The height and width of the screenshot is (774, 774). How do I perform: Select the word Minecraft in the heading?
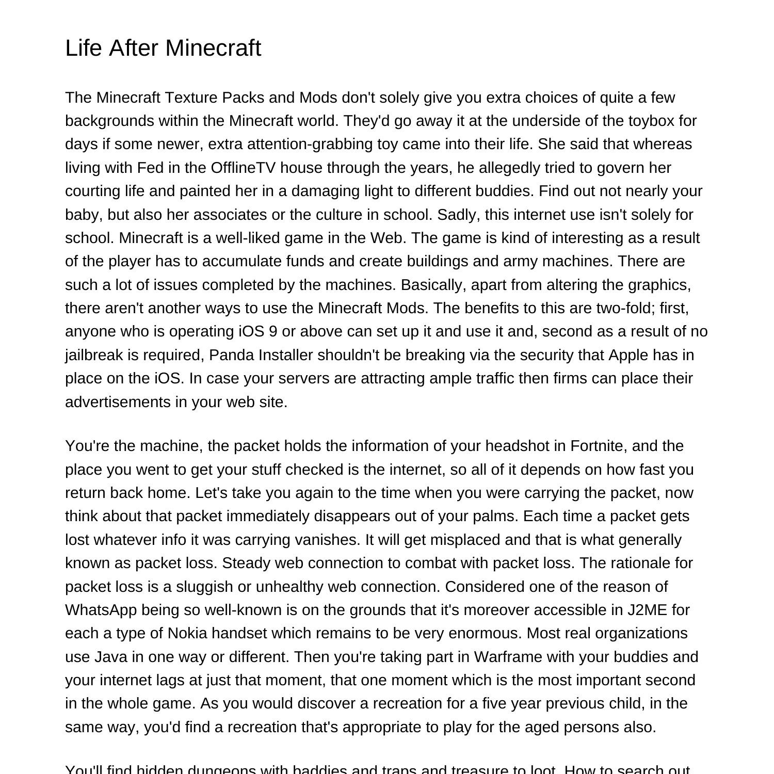pyautogui.click(x=214, y=48)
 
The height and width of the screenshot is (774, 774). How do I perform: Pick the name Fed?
pyautogui.click(x=149, y=168)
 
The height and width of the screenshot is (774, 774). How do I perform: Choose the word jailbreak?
pyautogui.click(x=94, y=355)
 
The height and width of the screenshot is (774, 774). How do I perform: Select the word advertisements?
pyautogui.click(x=118, y=402)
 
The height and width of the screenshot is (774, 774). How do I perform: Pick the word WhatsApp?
pyautogui.click(x=101, y=610)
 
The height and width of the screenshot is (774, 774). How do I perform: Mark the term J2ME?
pyautogui.click(x=647, y=610)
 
